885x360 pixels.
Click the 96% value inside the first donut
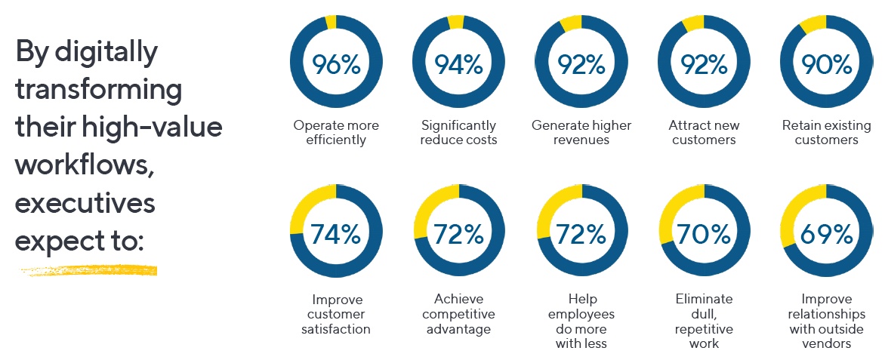tap(336, 64)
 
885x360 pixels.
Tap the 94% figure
tap(458, 64)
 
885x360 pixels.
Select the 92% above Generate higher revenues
tap(581, 64)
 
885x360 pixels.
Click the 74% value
tap(336, 234)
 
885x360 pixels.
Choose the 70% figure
tap(704, 234)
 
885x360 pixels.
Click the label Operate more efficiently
tap(336, 132)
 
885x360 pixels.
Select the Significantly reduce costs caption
tap(458, 132)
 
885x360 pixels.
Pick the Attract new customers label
tap(704, 132)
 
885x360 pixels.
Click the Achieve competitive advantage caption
tap(458, 314)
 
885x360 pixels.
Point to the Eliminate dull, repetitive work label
tap(704, 321)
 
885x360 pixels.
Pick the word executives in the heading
tap(85, 204)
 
